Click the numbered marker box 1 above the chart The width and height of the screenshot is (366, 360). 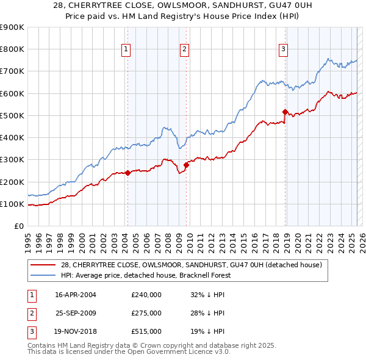click(x=125, y=49)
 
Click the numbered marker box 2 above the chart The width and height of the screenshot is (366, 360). click(x=184, y=49)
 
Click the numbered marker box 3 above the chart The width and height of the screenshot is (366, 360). click(x=284, y=49)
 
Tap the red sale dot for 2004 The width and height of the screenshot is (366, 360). click(x=127, y=173)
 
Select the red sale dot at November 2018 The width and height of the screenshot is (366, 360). click(x=285, y=112)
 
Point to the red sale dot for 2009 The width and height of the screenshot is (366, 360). click(x=186, y=165)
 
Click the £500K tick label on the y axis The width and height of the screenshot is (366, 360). click(x=12, y=115)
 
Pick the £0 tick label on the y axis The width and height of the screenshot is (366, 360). click(x=18, y=226)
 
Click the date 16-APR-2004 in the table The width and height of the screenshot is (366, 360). click(x=76, y=294)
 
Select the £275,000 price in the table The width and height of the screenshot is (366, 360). click(x=146, y=313)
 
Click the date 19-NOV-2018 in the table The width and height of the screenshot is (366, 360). click(x=76, y=332)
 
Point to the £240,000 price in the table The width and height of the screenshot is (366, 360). click(x=146, y=294)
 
